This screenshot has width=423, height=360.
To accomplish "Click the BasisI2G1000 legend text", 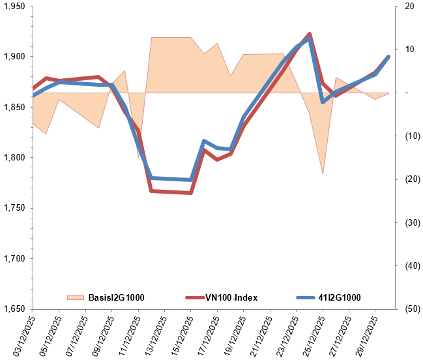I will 116,298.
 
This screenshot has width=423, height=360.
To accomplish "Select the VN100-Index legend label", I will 231,298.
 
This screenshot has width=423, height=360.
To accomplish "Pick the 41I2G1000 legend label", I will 340,298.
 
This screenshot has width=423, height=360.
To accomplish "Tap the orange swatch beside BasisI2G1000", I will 76,298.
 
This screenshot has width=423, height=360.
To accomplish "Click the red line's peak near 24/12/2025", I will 310,34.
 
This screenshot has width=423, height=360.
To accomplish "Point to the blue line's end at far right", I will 388,57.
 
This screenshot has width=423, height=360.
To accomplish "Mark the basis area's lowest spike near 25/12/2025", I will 323,174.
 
